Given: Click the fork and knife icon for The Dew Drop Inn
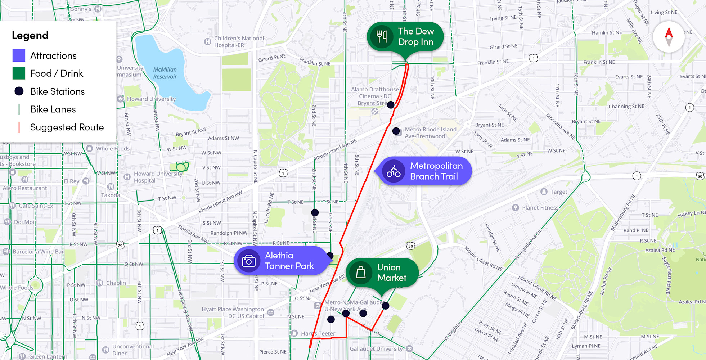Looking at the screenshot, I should (x=382, y=37).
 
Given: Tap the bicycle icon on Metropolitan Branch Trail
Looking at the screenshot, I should (x=394, y=171).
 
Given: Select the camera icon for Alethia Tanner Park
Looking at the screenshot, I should (x=249, y=261).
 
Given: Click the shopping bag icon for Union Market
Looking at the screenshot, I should (x=361, y=273).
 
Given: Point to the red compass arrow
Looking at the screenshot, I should (x=669, y=33).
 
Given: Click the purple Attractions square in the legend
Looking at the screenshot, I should (x=19, y=55).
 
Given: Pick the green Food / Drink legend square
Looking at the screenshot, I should (x=19, y=73).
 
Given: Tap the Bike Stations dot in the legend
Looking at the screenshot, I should (x=19, y=91).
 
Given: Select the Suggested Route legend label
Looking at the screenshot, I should (x=67, y=127).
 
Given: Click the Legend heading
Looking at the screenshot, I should (x=30, y=35).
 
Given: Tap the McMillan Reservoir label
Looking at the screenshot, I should (x=165, y=73).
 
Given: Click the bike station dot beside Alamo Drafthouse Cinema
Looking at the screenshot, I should (x=391, y=105).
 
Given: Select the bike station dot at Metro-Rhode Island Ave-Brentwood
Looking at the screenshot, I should (x=396, y=131).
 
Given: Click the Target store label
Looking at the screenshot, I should (x=558, y=192).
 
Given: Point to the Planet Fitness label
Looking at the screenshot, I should (x=540, y=208).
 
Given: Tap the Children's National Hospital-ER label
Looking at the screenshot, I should (x=239, y=42).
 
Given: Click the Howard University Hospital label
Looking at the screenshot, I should (x=158, y=177).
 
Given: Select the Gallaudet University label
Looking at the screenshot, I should (x=376, y=348).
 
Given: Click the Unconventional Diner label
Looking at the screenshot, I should (x=133, y=350).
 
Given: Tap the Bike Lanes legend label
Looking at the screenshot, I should (x=53, y=109).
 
